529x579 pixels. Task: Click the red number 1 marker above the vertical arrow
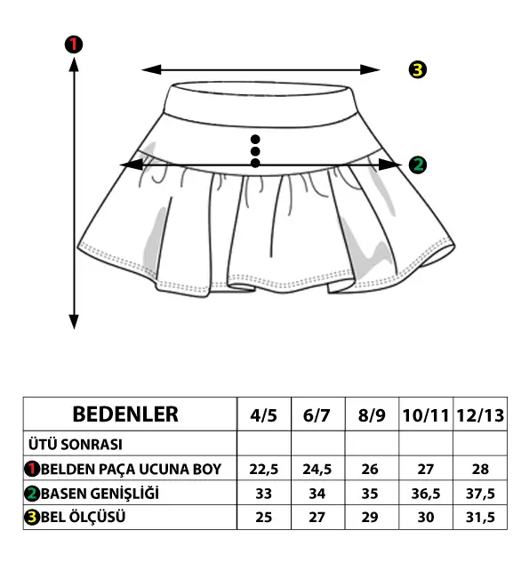[74, 44]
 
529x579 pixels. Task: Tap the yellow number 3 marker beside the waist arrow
[418, 69]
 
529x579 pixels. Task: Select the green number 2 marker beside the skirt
[418, 165]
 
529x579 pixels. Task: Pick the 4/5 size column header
[263, 415]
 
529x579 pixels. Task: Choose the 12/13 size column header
[480, 415]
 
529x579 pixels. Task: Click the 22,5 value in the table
[263, 470]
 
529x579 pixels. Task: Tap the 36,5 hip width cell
[426, 494]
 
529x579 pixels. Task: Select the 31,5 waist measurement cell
[480, 518]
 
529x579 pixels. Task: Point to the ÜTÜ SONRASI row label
[76, 444]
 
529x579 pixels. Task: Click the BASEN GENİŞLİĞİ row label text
[100, 494]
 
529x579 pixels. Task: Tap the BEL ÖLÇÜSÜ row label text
[83, 517]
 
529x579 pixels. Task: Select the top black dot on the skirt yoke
[255, 140]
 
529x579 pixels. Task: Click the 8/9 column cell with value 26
[370, 470]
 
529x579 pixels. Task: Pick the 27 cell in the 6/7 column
[317, 518]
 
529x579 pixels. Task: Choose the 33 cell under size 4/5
[263, 494]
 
